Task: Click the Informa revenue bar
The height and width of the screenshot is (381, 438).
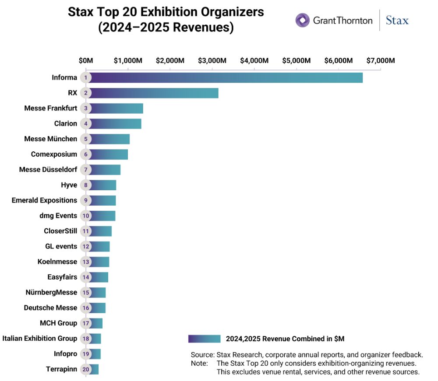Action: tap(224, 78)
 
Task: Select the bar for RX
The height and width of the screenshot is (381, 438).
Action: tap(152, 93)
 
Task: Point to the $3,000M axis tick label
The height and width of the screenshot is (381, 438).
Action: tap(212, 60)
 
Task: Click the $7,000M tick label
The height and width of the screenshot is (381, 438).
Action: tap(381, 60)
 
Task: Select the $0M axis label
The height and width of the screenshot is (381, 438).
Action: tap(86, 60)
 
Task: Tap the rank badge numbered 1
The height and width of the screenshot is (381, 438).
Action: tap(86, 77)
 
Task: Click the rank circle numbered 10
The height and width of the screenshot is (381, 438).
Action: tap(86, 216)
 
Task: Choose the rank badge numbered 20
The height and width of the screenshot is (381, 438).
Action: tap(86, 369)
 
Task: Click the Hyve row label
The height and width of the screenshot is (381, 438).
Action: tap(69, 185)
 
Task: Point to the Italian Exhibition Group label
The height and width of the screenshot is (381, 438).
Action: tap(40, 338)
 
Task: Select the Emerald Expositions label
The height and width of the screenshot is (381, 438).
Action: tap(44, 200)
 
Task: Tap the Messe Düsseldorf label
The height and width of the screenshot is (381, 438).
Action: tap(48, 170)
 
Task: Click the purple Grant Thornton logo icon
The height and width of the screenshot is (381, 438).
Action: tap(303, 20)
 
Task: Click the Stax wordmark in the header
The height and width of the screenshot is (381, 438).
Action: tap(397, 21)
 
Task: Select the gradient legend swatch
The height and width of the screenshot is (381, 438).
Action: tap(204, 339)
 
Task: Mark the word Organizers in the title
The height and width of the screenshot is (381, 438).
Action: tap(233, 12)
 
